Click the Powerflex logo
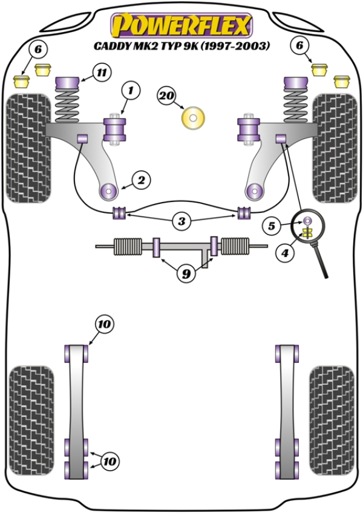click(181, 26)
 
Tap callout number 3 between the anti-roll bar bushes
click(181, 222)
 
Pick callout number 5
click(272, 226)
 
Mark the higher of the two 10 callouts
click(104, 325)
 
